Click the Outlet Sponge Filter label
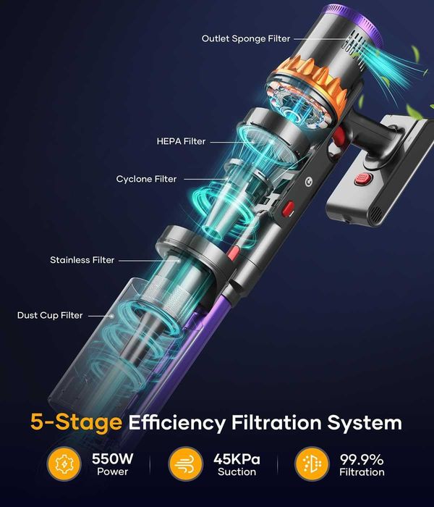coord(245,38)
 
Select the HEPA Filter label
coord(181,141)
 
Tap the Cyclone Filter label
coord(146,178)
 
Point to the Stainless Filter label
coord(82,260)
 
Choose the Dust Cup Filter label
coord(50,315)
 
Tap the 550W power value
coord(112,458)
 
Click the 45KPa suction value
coord(237,458)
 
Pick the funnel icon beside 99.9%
coord(311,465)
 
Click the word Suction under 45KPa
coord(237,472)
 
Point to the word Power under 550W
coord(112,472)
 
